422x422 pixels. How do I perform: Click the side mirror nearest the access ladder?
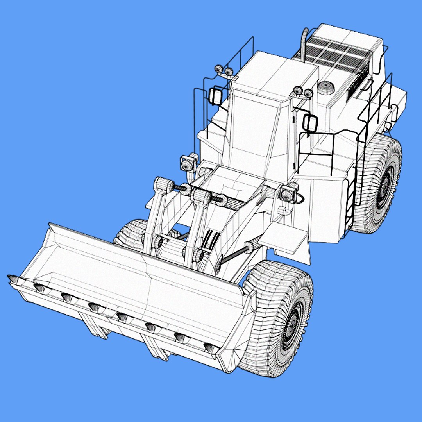tap(310, 123)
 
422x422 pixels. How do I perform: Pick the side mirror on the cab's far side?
tap(215, 96)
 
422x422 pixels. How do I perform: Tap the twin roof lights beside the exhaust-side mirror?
tap(303, 92)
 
